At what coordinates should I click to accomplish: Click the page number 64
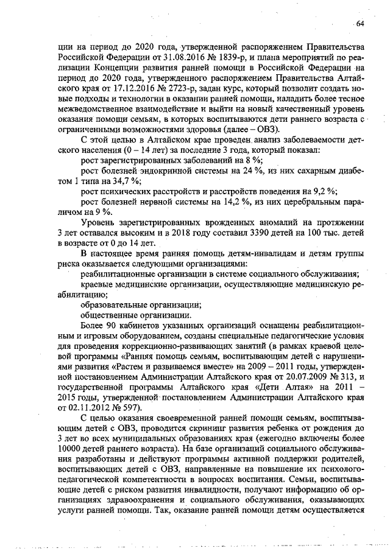click(x=360, y=24)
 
